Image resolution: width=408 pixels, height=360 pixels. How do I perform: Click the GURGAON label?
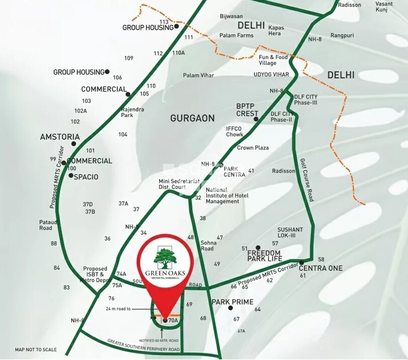click(192, 118)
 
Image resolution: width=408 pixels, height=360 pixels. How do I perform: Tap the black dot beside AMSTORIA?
click(74, 143)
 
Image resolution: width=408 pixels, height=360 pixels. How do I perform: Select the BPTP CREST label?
click(247, 110)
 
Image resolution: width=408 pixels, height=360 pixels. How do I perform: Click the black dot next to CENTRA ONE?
click(301, 263)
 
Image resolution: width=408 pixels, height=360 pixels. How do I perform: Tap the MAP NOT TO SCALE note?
click(36, 349)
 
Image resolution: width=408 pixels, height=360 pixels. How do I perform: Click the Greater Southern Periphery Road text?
click(143, 345)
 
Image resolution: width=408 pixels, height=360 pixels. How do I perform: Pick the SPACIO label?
click(86, 177)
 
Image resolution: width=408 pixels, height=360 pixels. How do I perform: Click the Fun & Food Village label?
click(274, 60)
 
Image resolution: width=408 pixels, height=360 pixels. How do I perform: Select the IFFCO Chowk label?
click(234, 131)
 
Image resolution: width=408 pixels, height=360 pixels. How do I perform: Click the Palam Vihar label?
click(198, 76)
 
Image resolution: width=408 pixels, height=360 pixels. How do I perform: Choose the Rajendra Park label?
click(127, 112)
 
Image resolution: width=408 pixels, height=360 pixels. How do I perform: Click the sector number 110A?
click(178, 52)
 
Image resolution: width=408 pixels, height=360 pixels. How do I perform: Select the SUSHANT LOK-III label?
click(290, 233)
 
